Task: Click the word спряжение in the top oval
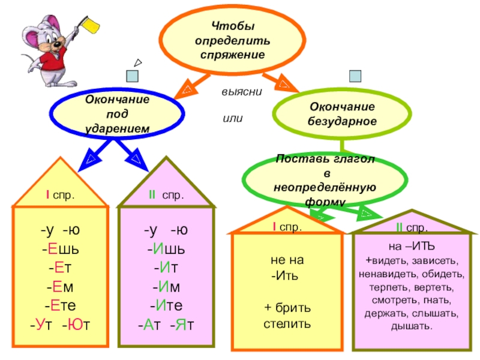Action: click(x=232, y=54)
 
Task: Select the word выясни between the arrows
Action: click(x=240, y=94)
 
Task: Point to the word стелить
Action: click(x=287, y=325)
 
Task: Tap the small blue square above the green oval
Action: click(x=356, y=76)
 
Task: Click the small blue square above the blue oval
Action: click(x=133, y=76)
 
